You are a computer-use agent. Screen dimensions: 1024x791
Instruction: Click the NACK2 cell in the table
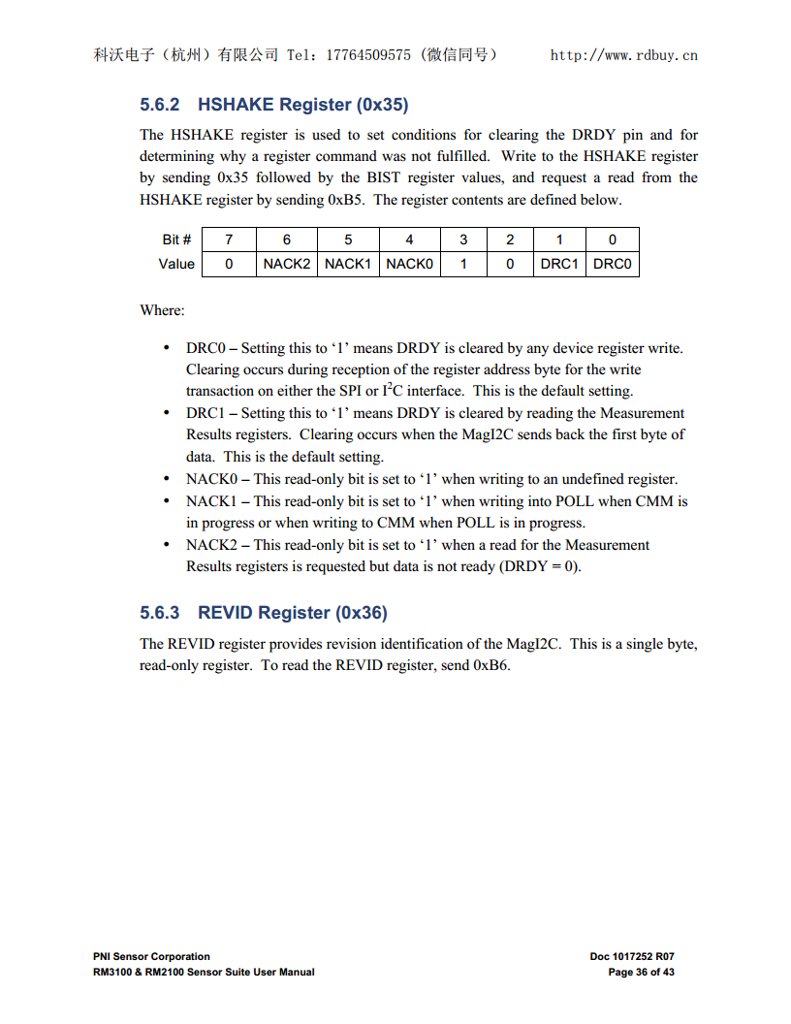[x=287, y=264]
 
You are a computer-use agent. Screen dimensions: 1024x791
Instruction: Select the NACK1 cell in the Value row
[x=348, y=264]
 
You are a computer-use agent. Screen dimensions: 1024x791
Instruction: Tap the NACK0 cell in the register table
[x=409, y=264]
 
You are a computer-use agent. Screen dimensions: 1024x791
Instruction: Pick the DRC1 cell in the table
[x=559, y=264]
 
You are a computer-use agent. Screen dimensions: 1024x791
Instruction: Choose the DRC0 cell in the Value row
[x=612, y=264]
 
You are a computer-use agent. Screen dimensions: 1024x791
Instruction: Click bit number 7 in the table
[x=229, y=240]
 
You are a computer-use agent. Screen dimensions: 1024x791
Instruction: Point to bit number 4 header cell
[x=409, y=240]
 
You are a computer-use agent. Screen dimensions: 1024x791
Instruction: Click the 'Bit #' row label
[x=176, y=240]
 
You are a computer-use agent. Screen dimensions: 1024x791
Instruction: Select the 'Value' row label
[x=176, y=264]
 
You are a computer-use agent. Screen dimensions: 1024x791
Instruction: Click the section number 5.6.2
[x=160, y=104]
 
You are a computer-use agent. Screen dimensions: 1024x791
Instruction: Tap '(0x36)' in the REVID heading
[x=362, y=612]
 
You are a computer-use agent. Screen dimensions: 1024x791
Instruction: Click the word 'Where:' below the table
[x=162, y=310]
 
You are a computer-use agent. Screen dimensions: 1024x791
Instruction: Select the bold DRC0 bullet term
[x=206, y=348]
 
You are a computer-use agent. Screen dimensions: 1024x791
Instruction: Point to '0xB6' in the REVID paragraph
[x=491, y=665]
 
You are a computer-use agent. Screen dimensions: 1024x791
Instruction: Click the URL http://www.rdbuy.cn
[x=623, y=55]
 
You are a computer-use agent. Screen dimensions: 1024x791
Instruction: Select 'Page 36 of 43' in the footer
[x=641, y=972]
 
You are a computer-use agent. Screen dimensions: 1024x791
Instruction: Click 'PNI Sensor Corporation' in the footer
[x=151, y=956]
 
